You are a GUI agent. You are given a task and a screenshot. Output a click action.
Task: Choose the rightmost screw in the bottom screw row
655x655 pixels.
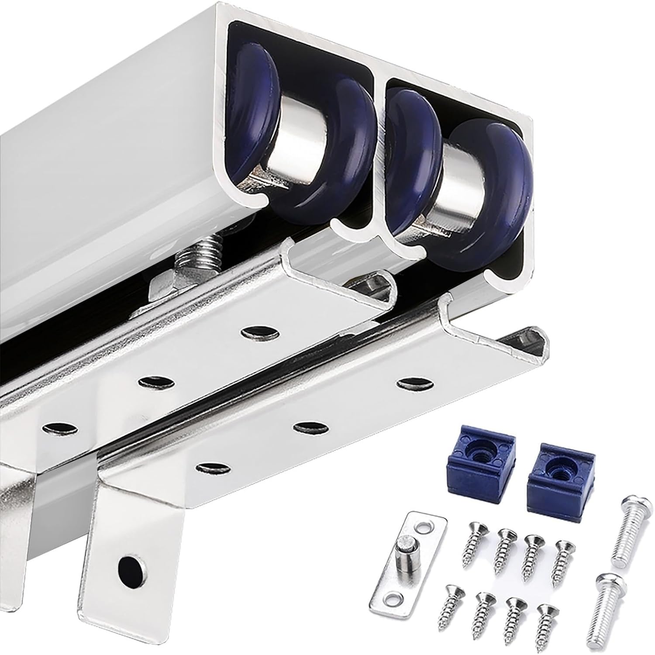pyautogui.click(x=546, y=620)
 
